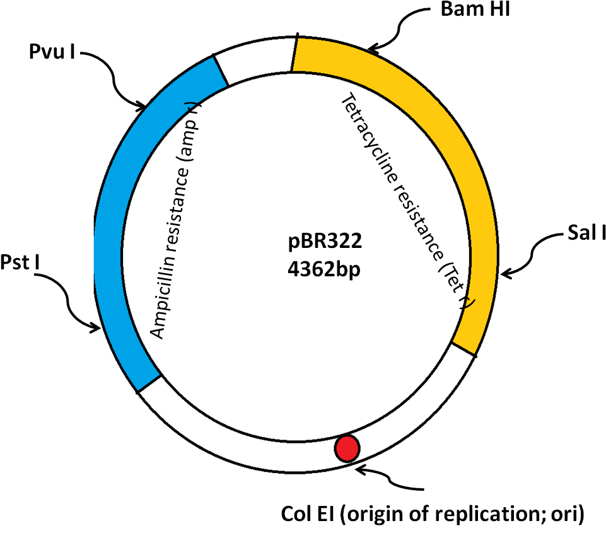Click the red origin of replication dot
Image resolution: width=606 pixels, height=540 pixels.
[347, 449]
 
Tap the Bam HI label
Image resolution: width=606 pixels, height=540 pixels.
[475, 9]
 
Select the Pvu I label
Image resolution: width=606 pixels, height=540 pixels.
[52, 51]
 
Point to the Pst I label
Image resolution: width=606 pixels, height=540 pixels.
[20, 262]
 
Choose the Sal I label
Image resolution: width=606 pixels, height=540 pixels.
[586, 233]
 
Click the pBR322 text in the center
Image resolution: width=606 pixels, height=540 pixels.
[325, 241]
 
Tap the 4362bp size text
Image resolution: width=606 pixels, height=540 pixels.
[324, 269]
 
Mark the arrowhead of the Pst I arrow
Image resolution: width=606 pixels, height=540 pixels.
[97, 329]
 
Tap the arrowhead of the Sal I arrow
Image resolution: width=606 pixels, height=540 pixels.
[503, 274]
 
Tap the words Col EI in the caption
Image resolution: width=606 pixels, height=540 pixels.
[307, 514]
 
